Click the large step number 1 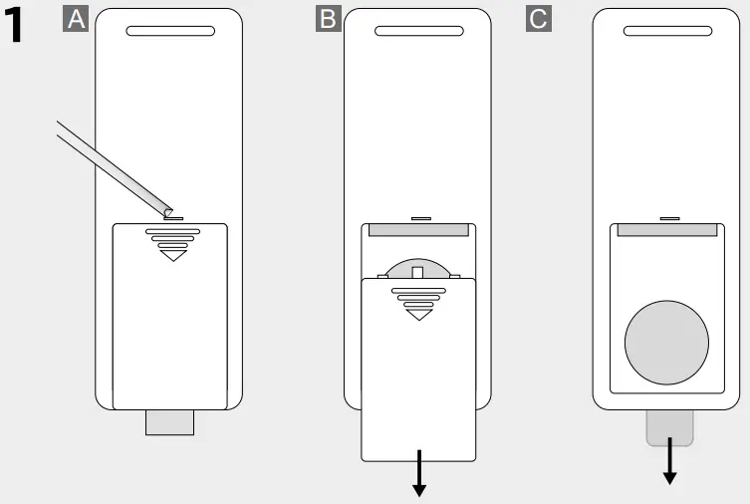28,27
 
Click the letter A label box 75,20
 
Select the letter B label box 326,20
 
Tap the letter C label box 538,20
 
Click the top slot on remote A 170,31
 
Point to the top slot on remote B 418,31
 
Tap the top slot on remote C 667,31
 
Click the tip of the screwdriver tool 168,212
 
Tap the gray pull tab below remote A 170,422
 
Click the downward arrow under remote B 419,473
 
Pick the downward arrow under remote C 669,462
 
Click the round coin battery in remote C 667,341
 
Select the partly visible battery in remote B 418,266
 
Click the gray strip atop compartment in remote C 667,230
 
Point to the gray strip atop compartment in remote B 418,230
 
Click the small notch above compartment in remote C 668,216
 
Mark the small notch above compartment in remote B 419,216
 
